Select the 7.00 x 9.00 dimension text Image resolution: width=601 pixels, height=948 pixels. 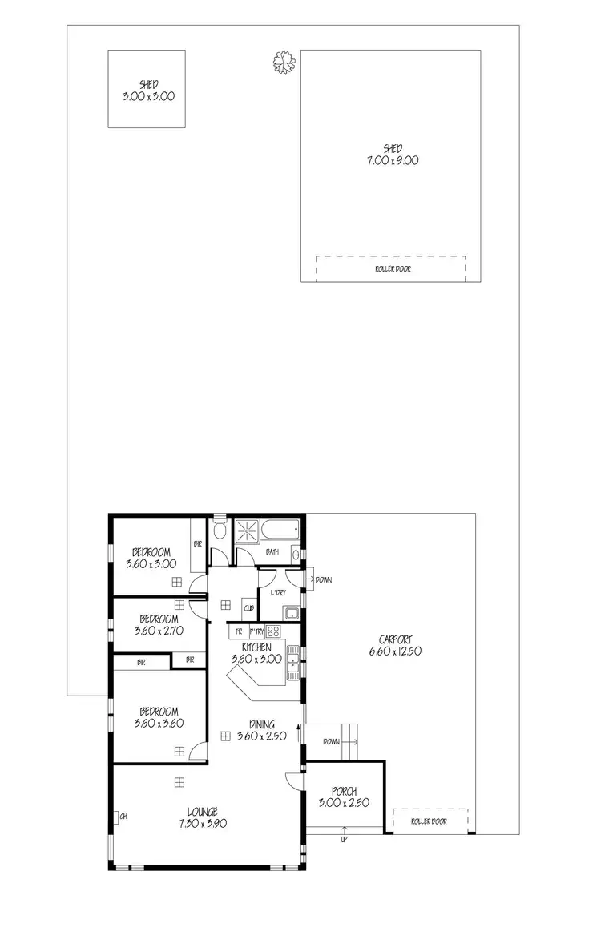[x=392, y=160]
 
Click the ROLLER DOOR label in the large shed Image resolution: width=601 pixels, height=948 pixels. [x=392, y=269]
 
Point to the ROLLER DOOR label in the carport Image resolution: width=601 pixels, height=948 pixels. [x=428, y=821]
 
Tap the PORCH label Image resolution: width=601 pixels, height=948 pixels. [x=344, y=792]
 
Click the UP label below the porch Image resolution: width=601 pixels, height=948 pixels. [x=345, y=840]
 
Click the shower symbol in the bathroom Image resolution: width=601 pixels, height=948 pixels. [x=249, y=531]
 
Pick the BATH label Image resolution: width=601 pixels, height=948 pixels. [x=272, y=551]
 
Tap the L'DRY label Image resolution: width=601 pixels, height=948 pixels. [x=278, y=592]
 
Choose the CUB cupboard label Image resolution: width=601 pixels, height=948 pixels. [x=249, y=609]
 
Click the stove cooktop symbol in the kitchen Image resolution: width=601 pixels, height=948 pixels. [x=273, y=631]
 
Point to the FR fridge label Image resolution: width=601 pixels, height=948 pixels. [x=238, y=631]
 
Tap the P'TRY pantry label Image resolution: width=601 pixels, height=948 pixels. [x=256, y=631]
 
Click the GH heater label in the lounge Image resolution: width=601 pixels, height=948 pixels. [x=123, y=817]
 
